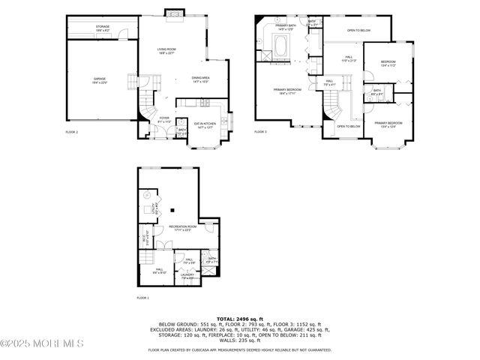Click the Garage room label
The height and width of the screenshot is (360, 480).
click(100, 79)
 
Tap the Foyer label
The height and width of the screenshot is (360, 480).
click(164, 118)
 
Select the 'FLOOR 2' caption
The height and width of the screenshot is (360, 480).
click(72, 133)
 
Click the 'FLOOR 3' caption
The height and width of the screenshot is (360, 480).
click(260, 132)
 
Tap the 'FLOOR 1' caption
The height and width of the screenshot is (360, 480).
click(142, 298)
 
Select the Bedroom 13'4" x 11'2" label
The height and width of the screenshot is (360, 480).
click(388, 63)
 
